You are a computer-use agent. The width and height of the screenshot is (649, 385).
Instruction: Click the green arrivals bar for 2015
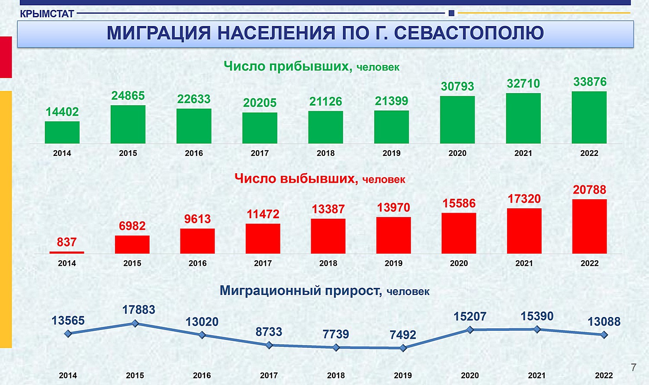coord(128,124)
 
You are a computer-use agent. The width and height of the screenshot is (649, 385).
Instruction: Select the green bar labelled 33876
coord(589,117)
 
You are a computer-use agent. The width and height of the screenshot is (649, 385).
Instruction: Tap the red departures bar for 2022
coord(589,226)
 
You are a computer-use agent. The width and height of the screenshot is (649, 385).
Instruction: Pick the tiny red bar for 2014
coord(67,252)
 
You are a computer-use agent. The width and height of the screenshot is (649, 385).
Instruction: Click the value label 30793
coord(457,86)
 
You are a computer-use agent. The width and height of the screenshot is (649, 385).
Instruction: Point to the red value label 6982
coord(132,226)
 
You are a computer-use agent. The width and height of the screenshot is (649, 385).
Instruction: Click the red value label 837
coord(67,242)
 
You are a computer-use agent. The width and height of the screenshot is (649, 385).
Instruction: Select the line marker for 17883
coord(135,324)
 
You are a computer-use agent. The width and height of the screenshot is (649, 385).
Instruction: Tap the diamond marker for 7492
coord(403,348)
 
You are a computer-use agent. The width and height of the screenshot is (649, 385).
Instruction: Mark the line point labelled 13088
coord(604,335)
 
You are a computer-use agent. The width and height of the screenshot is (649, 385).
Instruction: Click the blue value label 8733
coord(269,332)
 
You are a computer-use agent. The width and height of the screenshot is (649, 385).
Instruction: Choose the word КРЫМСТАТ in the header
coord(47,13)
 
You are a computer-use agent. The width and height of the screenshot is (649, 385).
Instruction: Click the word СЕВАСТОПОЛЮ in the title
coord(469,33)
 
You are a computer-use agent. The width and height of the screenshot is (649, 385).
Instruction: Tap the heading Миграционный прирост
coord(301,291)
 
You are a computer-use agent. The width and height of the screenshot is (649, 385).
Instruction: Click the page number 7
coord(634,367)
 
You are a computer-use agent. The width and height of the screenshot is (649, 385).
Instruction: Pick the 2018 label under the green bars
coord(326,153)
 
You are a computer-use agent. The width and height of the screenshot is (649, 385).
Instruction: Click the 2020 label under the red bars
coord(459,263)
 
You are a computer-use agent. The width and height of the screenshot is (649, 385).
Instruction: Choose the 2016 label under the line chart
coord(202,375)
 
